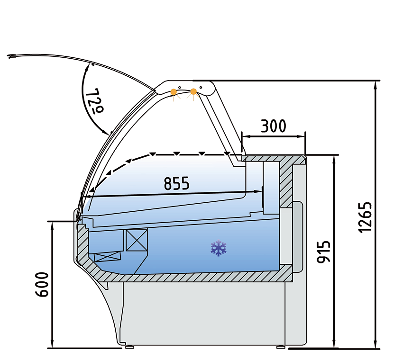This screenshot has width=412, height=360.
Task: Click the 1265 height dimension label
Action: [366, 217]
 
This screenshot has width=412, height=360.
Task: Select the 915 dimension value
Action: [324, 252]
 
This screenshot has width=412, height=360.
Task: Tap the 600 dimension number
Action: [42, 285]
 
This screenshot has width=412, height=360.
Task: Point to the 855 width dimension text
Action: [176, 183]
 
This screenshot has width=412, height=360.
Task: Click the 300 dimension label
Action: [273, 126]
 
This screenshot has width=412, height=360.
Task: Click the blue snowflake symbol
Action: [219, 248]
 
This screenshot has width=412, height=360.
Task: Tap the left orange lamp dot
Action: [174, 91]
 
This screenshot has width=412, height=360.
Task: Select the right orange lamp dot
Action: [193, 91]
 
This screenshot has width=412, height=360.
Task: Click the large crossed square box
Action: [137, 240]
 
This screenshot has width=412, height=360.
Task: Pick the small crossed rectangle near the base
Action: [108, 257]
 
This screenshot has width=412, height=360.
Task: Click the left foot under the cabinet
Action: [129, 347]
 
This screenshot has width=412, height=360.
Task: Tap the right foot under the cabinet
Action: [281, 347]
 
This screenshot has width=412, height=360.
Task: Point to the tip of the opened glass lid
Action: [9, 56]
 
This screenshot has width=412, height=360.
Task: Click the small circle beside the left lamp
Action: [180, 87]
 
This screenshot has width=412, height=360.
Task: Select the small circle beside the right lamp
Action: [201, 87]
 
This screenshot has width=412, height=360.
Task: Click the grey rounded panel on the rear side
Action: [298, 237]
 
